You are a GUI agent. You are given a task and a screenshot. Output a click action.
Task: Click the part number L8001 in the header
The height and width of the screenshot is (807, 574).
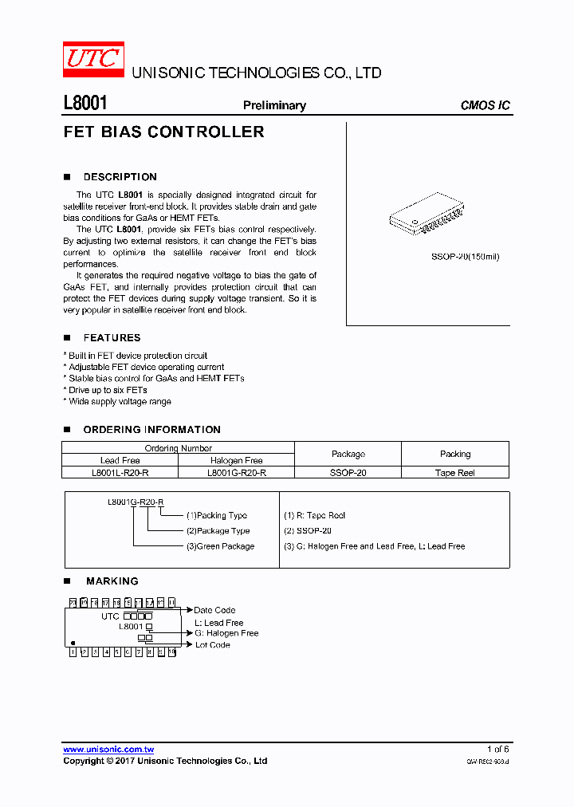(85, 104)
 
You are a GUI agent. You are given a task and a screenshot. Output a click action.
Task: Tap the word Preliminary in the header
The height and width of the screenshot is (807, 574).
(274, 105)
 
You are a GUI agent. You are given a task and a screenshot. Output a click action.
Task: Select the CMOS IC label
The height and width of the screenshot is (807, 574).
(485, 105)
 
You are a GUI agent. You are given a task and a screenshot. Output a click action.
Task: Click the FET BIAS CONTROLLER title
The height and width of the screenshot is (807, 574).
(163, 132)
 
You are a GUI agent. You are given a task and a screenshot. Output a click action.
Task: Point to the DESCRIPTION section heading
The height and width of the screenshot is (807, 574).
(120, 177)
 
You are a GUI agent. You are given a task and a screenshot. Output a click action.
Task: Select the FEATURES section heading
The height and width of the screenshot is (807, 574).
(112, 338)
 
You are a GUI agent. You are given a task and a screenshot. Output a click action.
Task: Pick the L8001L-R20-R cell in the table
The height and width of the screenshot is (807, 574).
(120, 473)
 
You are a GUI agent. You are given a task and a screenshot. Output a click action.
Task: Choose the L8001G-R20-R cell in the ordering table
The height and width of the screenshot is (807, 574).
(236, 473)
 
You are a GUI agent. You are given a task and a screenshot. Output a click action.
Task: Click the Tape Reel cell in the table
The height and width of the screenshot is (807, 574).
(455, 473)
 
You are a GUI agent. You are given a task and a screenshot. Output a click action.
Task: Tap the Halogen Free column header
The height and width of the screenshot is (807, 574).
(236, 460)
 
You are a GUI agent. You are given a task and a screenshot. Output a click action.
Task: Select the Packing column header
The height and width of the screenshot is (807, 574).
(455, 454)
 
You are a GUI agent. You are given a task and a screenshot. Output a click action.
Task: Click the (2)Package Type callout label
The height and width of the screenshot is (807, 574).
(218, 530)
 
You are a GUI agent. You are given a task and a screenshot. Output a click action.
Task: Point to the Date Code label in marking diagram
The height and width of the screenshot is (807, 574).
(214, 610)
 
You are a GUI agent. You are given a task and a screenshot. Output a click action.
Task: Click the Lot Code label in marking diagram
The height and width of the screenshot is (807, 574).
(212, 645)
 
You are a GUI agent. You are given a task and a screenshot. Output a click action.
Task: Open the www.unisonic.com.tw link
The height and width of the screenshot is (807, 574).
(108, 749)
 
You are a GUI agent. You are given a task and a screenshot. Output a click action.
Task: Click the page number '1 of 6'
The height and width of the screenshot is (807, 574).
(497, 749)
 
